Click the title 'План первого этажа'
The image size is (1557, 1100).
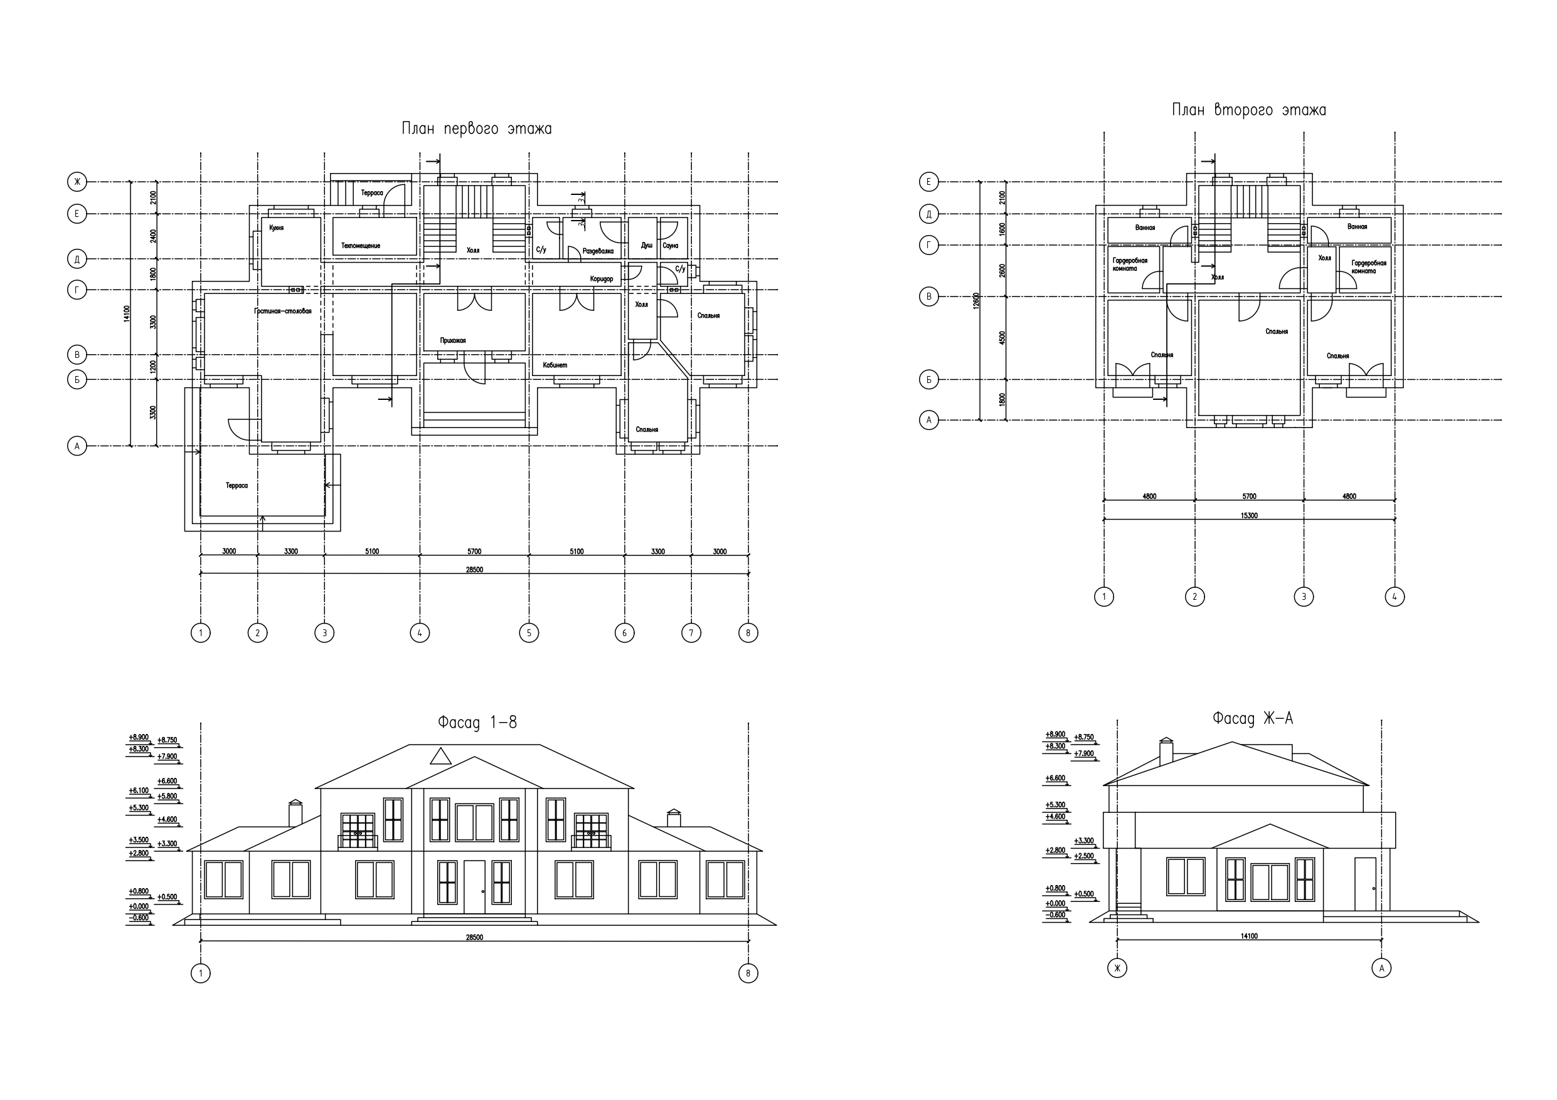tap(477, 128)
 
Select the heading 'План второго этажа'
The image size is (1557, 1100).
tap(1249, 110)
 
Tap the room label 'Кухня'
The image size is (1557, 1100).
tap(276, 228)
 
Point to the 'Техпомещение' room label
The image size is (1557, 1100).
tap(361, 245)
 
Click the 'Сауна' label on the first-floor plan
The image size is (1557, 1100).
tap(670, 245)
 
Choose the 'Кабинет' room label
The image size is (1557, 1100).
tap(555, 365)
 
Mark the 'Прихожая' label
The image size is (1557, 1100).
tap(453, 341)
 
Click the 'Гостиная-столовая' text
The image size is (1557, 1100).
tap(283, 312)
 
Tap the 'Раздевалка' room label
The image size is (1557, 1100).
tap(598, 251)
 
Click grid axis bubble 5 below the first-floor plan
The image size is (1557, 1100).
tap(529, 633)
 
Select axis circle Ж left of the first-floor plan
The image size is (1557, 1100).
tap(77, 182)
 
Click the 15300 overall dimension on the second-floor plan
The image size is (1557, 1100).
tap(1249, 516)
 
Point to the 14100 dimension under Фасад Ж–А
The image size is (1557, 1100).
tap(1249, 936)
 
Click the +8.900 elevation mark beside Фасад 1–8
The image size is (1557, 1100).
tap(139, 737)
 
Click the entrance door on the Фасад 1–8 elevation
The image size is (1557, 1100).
tap(475, 887)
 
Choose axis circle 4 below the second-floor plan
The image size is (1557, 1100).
tap(1395, 597)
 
